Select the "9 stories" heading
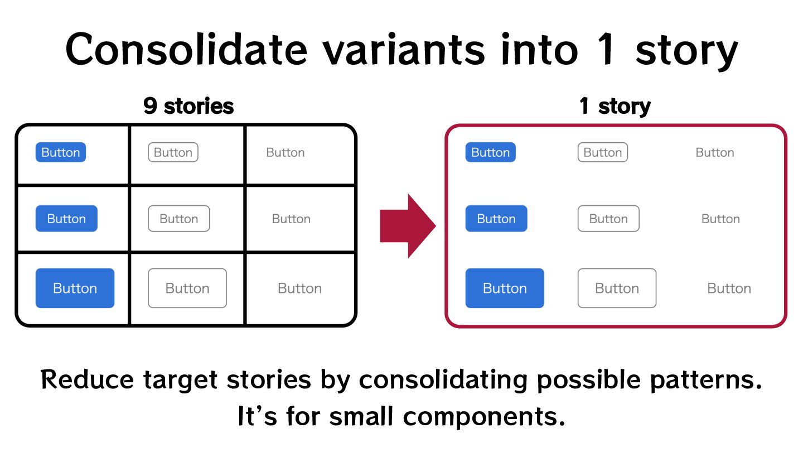[188, 106]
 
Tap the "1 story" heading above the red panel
[615, 106]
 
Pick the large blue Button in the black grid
[75, 288]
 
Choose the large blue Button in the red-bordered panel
[505, 288]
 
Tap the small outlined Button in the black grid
[173, 152]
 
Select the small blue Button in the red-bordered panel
[490, 152]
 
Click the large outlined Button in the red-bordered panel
[617, 288]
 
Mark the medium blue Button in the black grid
[66, 219]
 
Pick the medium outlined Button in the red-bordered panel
[608, 219]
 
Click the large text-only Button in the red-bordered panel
[729, 288]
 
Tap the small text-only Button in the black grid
[285, 152]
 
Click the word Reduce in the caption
[88, 381]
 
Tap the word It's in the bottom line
[258, 416]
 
